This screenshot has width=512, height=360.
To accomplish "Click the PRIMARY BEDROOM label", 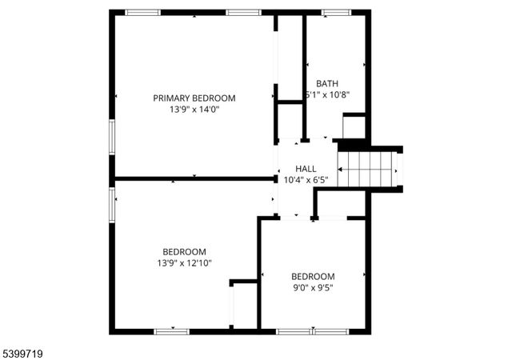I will [x=194, y=98].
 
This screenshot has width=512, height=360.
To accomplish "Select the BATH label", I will [x=326, y=83].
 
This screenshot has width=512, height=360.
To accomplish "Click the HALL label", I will [x=306, y=169].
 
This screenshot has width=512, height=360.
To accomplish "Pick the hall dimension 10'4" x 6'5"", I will [x=306, y=180].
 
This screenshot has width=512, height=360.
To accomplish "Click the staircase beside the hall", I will [x=367, y=169].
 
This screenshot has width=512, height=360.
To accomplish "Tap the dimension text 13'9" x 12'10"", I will [x=184, y=262].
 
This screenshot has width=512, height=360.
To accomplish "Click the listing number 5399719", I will [x=25, y=351].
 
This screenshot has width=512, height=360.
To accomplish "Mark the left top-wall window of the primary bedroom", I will [x=142, y=12].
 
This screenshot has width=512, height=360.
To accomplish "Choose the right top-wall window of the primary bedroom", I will [x=242, y=12].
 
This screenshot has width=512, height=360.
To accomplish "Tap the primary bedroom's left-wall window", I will [x=111, y=137].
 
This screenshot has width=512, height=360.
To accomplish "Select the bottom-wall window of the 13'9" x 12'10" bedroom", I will [x=171, y=330].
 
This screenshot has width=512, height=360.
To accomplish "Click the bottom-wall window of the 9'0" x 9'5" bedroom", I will [x=312, y=330].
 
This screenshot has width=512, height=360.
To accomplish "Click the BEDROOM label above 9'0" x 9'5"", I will [x=312, y=276].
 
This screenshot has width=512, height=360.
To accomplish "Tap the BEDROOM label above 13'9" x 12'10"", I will [x=184, y=250].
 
